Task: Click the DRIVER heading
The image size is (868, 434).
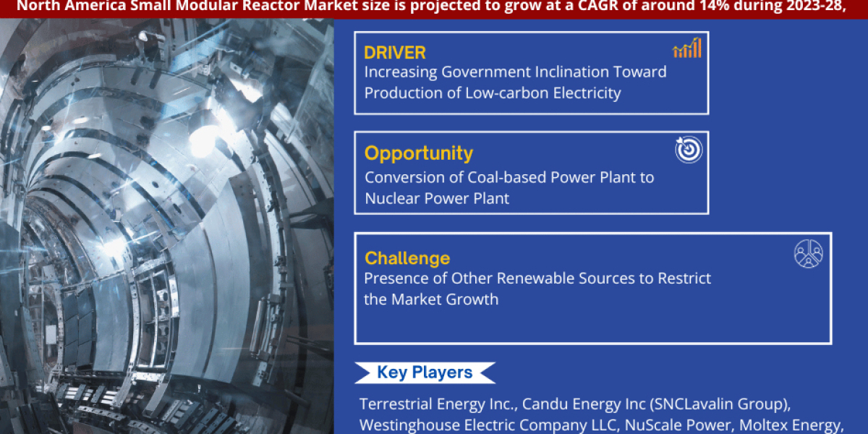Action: pyautogui.click(x=395, y=53)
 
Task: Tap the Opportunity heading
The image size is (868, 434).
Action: pyautogui.click(x=419, y=153)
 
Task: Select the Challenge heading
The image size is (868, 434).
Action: pyautogui.click(x=407, y=258)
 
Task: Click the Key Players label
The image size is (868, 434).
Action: pyautogui.click(x=425, y=373)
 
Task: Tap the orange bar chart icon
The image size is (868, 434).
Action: pyautogui.click(x=687, y=48)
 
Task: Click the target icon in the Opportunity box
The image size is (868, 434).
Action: pyautogui.click(x=689, y=149)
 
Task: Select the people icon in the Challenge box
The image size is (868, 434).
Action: pyautogui.click(x=808, y=254)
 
